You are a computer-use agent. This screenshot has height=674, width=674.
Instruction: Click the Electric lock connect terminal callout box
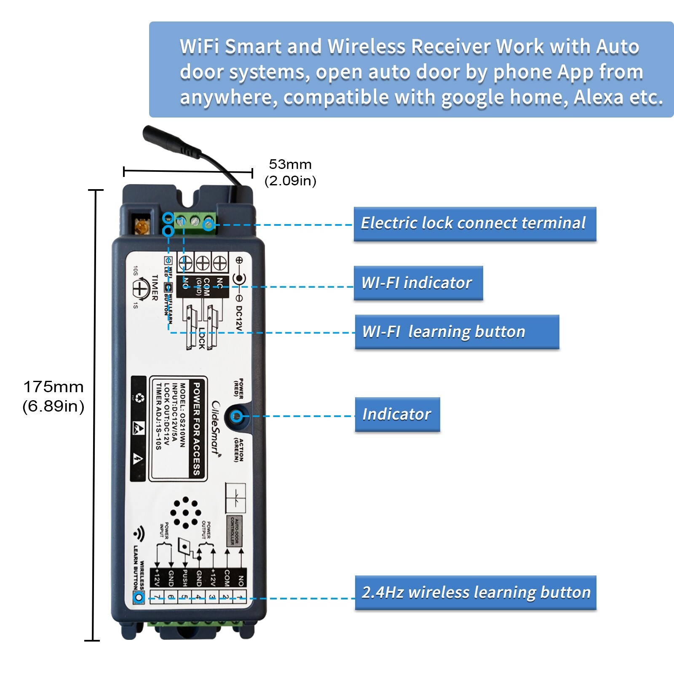point(475,224)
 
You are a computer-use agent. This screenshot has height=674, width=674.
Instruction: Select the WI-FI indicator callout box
point(418,283)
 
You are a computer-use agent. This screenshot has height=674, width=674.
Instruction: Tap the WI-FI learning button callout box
point(457,332)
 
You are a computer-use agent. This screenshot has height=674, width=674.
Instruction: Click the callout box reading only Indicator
point(397,414)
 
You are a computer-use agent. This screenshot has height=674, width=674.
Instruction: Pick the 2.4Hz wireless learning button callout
point(475,592)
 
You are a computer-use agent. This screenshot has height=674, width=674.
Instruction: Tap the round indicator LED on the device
point(237,417)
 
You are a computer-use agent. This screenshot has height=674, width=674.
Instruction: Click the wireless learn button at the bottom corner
point(139,597)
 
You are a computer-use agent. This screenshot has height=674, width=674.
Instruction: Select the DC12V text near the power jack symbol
point(238,318)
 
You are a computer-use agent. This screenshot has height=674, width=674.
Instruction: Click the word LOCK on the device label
point(202,338)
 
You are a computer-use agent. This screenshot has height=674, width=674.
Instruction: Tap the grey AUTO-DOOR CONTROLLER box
point(235,531)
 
